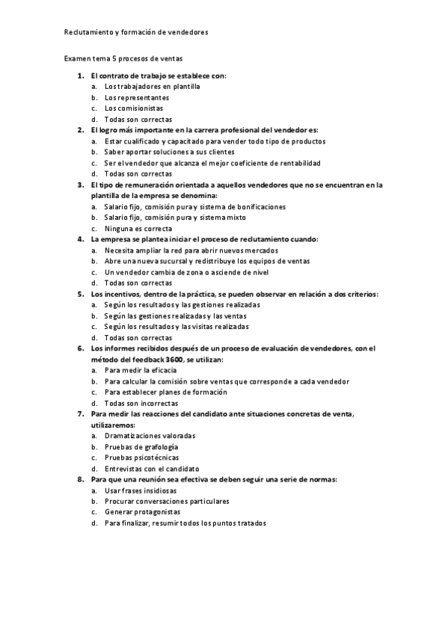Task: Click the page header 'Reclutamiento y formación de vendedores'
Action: pos(135,32)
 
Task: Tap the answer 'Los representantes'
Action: pos(136,97)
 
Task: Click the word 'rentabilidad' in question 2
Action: pos(298,163)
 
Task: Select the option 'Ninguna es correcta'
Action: pos(138,228)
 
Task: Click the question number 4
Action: pos(80,239)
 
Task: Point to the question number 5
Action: pos(80,294)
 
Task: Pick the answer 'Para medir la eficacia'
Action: pos(141,370)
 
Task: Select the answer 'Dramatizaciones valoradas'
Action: pos(150,435)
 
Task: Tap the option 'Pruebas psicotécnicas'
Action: pos(142,457)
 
